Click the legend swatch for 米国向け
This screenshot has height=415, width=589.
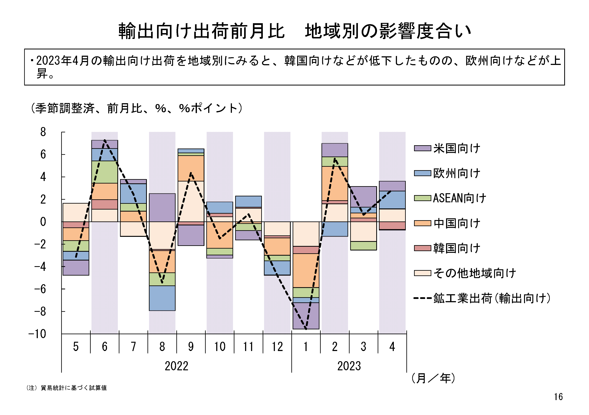click(x=422, y=148)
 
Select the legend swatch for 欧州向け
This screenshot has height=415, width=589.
click(x=422, y=173)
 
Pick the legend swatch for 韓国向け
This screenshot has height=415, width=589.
click(x=422, y=248)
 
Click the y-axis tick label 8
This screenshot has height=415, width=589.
click(x=43, y=132)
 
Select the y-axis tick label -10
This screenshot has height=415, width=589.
click(x=37, y=334)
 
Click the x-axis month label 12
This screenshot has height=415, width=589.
click(x=277, y=347)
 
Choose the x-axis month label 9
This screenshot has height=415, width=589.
click(x=191, y=347)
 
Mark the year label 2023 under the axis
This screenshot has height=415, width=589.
click(x=349, y=366)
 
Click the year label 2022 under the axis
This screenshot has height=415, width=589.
click(x=177, y=366)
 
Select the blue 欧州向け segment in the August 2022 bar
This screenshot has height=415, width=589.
click(x=162, y=298)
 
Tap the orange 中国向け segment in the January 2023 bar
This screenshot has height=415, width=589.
click(x=306, y=270)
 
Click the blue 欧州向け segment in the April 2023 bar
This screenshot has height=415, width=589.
click(x=392, y=200)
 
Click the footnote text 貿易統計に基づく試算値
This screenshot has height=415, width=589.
click(x=73, y=388)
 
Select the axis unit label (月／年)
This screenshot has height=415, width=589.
click(x=433, y=378)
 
